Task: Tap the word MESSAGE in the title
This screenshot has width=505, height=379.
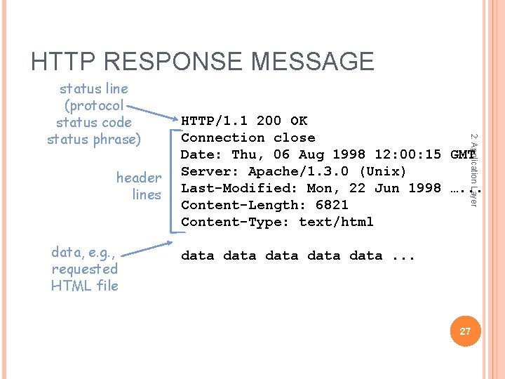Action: coord(313,61)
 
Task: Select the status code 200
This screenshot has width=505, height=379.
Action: coord(269,121)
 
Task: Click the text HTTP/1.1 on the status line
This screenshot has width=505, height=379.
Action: coord(215,121)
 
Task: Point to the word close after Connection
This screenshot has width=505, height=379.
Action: coord(295,138)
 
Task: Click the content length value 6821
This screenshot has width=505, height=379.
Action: coord(332,205)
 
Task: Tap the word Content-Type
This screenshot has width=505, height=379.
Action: coord(236,222)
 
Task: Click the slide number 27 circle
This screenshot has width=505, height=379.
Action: coord(465,331)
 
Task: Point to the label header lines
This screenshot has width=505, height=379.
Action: coord(139,186)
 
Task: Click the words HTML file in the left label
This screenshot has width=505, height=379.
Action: coord(85,286)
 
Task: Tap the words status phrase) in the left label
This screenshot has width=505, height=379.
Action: coord(93,139)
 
